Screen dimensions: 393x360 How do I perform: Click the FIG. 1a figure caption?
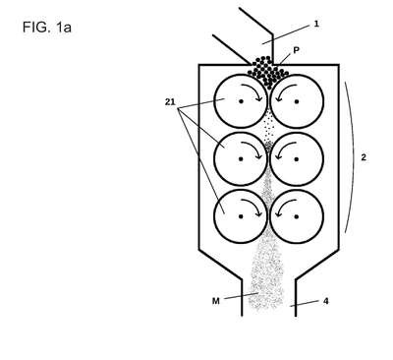47,28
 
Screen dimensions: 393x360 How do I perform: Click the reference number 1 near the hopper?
316,24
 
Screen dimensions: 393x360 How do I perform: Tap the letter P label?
296,50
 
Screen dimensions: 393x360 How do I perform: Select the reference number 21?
170,102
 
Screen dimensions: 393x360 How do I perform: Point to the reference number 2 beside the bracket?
364,157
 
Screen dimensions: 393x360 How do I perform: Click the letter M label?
216,301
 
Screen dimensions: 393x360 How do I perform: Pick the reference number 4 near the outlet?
325,301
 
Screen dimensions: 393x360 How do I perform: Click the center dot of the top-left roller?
241,101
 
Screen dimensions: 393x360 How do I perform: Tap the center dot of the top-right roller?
297,101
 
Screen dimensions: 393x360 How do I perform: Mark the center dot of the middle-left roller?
241,159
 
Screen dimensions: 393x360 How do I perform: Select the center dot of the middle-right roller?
297,159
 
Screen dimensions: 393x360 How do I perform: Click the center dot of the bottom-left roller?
241,216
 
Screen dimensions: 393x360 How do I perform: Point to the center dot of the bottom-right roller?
297,216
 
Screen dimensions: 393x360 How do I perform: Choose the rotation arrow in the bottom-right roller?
282,204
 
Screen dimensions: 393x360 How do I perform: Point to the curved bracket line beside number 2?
354,157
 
